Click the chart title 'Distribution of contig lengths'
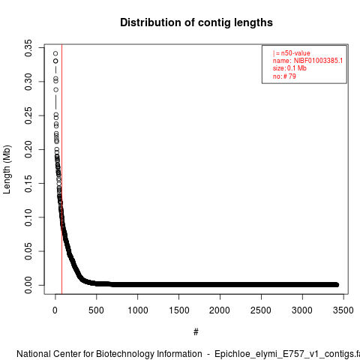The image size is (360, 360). (196, 22)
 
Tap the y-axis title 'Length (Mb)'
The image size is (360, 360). (7, 169)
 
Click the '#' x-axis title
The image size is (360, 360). (196, 332)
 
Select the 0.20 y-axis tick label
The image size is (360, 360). (28, 149)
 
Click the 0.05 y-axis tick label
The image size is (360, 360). (28, 251)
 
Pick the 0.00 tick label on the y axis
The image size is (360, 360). (28, 285)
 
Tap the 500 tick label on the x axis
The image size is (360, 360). (96, 310)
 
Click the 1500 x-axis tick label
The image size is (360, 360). (179, 310)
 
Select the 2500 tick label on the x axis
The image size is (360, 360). (261, 310)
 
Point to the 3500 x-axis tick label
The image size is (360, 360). (343, 310)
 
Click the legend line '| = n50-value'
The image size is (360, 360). (292, 53)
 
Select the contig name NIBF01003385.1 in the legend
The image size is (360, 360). (318, 61)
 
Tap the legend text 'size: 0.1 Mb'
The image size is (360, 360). (289, 68)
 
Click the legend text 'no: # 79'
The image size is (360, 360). (284, 76)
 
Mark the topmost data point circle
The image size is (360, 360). (55, 53)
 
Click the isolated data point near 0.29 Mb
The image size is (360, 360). (55, 90)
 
